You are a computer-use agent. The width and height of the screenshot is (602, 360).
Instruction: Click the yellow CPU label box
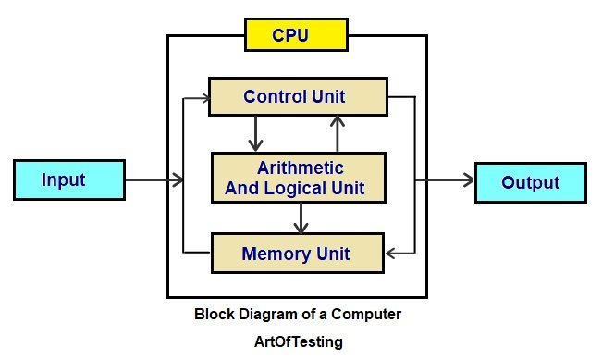click(x=295, y=36)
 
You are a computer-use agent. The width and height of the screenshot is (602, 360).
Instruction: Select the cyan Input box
click(x=69, y=180)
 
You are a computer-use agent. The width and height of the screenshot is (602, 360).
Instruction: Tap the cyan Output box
click(x=530, y=182)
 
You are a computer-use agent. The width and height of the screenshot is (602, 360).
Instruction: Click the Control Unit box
click(x=296, y=96)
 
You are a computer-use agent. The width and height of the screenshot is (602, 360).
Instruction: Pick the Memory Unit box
click(x=295, y=252)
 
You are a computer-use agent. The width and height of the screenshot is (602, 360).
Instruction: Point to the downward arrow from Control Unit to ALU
click(x=252, y=133)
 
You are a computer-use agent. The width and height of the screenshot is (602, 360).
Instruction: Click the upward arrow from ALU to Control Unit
click(x=338, y=133)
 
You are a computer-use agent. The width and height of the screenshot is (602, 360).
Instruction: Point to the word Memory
click(x=275, y=252)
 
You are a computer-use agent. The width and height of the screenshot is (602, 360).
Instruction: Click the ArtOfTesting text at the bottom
click(x=298, y=341)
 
